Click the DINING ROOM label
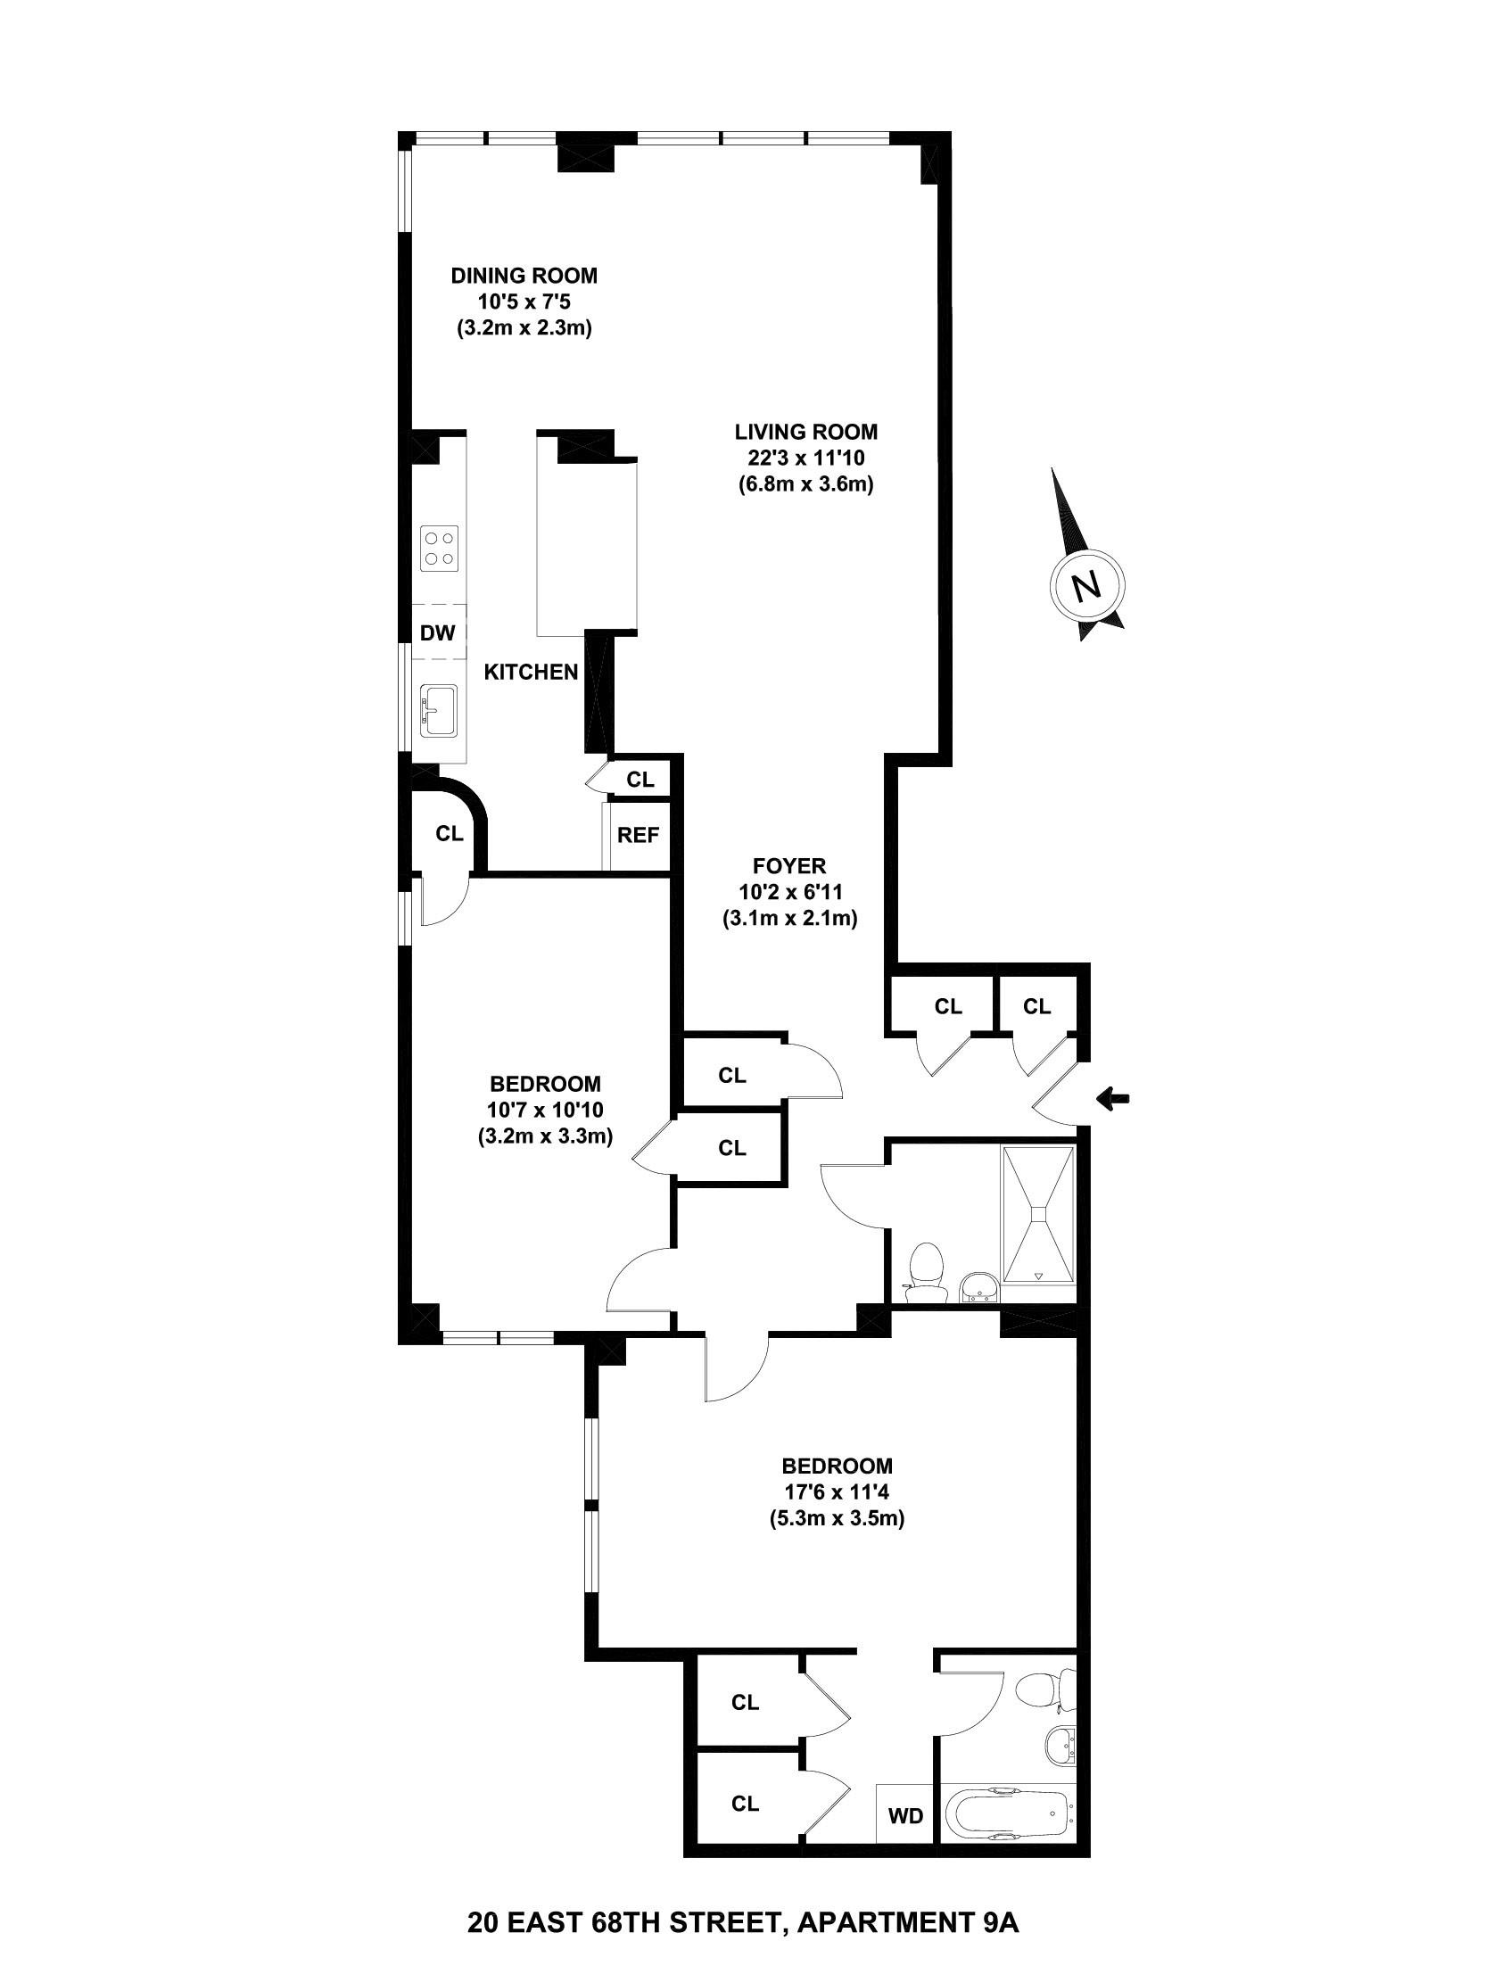pyautogui.click(x=524, y=276)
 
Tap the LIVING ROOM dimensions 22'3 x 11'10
pyautogui.click(x=805, y=458)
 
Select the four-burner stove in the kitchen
pyautogui.click(x=438, y=548)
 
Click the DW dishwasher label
pyautogui.click(x=438, y=634)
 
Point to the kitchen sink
pyautogui.click(x=439, y=711)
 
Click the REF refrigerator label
pyautogui.click(x=639, y=836)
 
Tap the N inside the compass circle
pyautogui.click(x=1087, y=586)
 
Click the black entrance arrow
pyautogui.click(x=1114, y=1098)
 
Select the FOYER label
pyautogui.click(x=788, y=865)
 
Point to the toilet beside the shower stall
pyautogui.click(x=925, y=1273)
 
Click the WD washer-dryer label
pyautogui.click(x=904, y=1816)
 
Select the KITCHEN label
pyautogui.click(x=531, y=673)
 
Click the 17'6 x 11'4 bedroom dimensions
pyautogui.click(x=837, y=1492)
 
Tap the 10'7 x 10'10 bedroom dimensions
pyautogui.click(x=545, y=1111)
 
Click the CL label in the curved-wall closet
pyautogui.click(x=450, y=833)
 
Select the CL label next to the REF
pyautogui.click(x=640, y=780)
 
